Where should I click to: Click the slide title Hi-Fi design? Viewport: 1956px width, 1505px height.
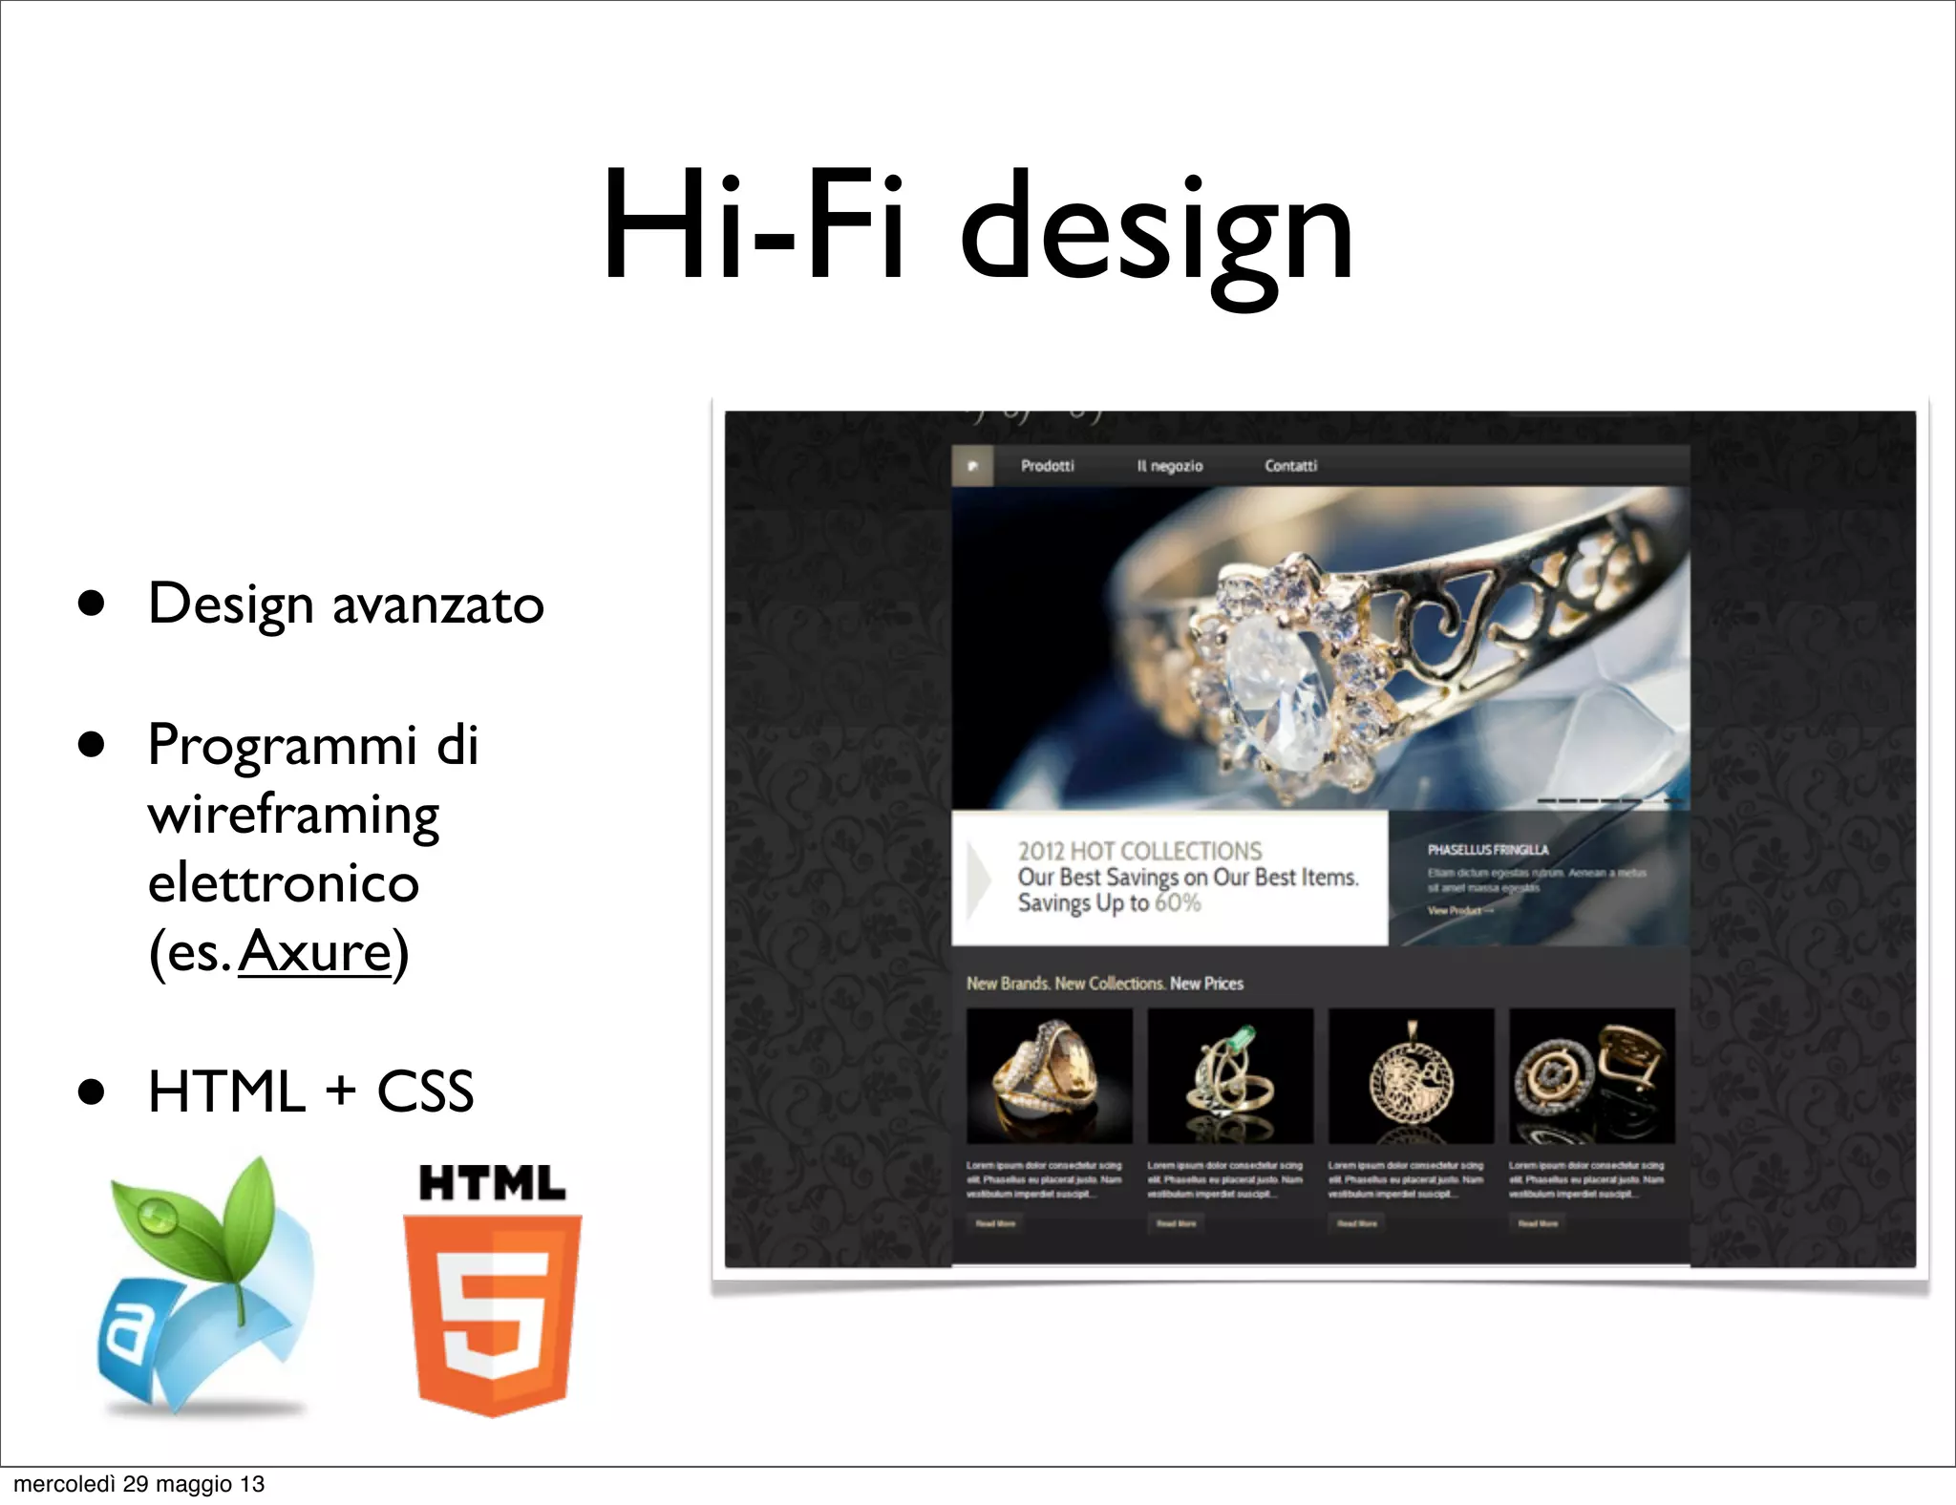click(978, 229)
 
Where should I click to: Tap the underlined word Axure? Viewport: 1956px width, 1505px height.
click(314, 952)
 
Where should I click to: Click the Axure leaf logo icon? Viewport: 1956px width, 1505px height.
click(205, 1284)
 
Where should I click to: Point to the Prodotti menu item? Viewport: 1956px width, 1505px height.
click(1047, 466)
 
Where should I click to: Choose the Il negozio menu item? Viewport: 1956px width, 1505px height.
click(1169, 466)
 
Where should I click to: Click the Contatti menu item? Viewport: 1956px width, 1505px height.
click(1290, 466)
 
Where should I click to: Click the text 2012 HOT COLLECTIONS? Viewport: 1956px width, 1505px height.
click(1138, 851)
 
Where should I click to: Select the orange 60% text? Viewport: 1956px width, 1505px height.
click(1177, 903)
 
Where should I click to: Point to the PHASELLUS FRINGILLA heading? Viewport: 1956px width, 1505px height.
click(1487, 850)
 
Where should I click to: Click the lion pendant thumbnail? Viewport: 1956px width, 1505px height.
click(1411, 1076)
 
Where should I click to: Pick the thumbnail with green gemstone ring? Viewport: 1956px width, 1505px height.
click(1230, 1076)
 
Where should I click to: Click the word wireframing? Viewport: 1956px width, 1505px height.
click(293, 815)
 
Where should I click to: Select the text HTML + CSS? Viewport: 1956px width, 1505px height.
click(310, 1092)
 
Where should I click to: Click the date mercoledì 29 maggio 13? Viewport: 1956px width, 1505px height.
click(139, 1484)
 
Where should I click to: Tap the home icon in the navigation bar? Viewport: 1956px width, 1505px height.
click(972, 466)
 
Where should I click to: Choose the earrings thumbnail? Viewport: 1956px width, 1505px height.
click(1591, 1076)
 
